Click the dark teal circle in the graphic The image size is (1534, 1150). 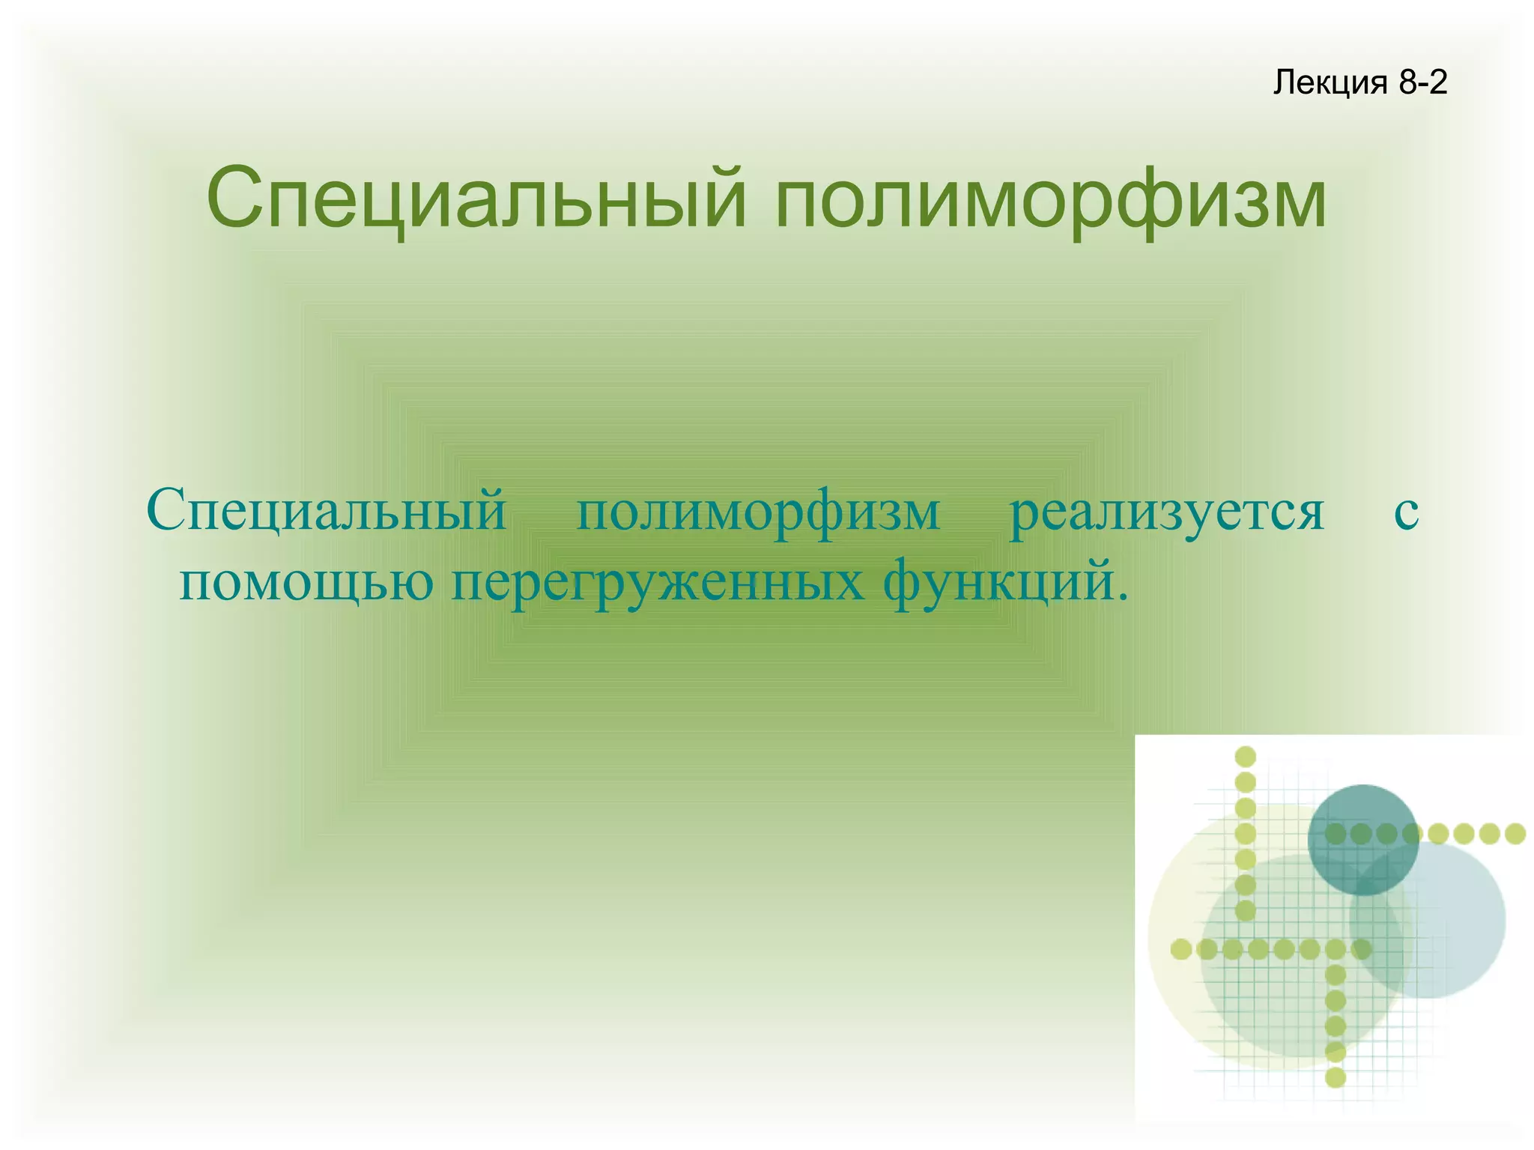[x=1362, y=839]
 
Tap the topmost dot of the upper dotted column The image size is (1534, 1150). [x=1245, y=757]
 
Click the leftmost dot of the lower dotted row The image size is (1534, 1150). [x=1181, y=949]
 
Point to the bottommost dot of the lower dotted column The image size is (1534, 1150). [x=1336, y=1077]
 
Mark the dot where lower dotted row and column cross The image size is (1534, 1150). [x=1336, y=949]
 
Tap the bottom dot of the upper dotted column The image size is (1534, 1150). [x=1245, y=910]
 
